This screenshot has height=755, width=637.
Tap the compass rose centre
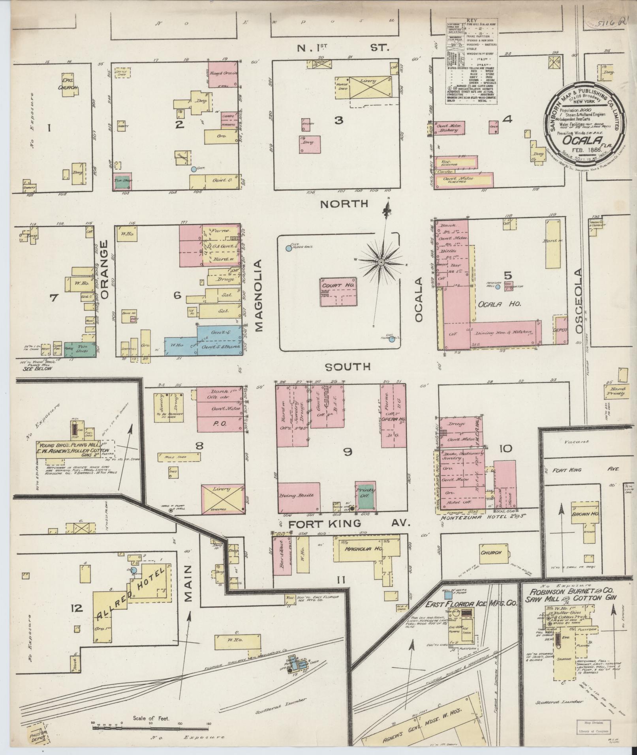pyautogui.click(x=381, y=262)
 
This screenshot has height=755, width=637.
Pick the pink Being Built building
pyautogui.click(x=299, y=496)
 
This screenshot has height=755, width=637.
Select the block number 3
pyautogui.click(x=338, y=120)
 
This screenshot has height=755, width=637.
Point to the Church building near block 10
pyautogui.click(x=490, y=553)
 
